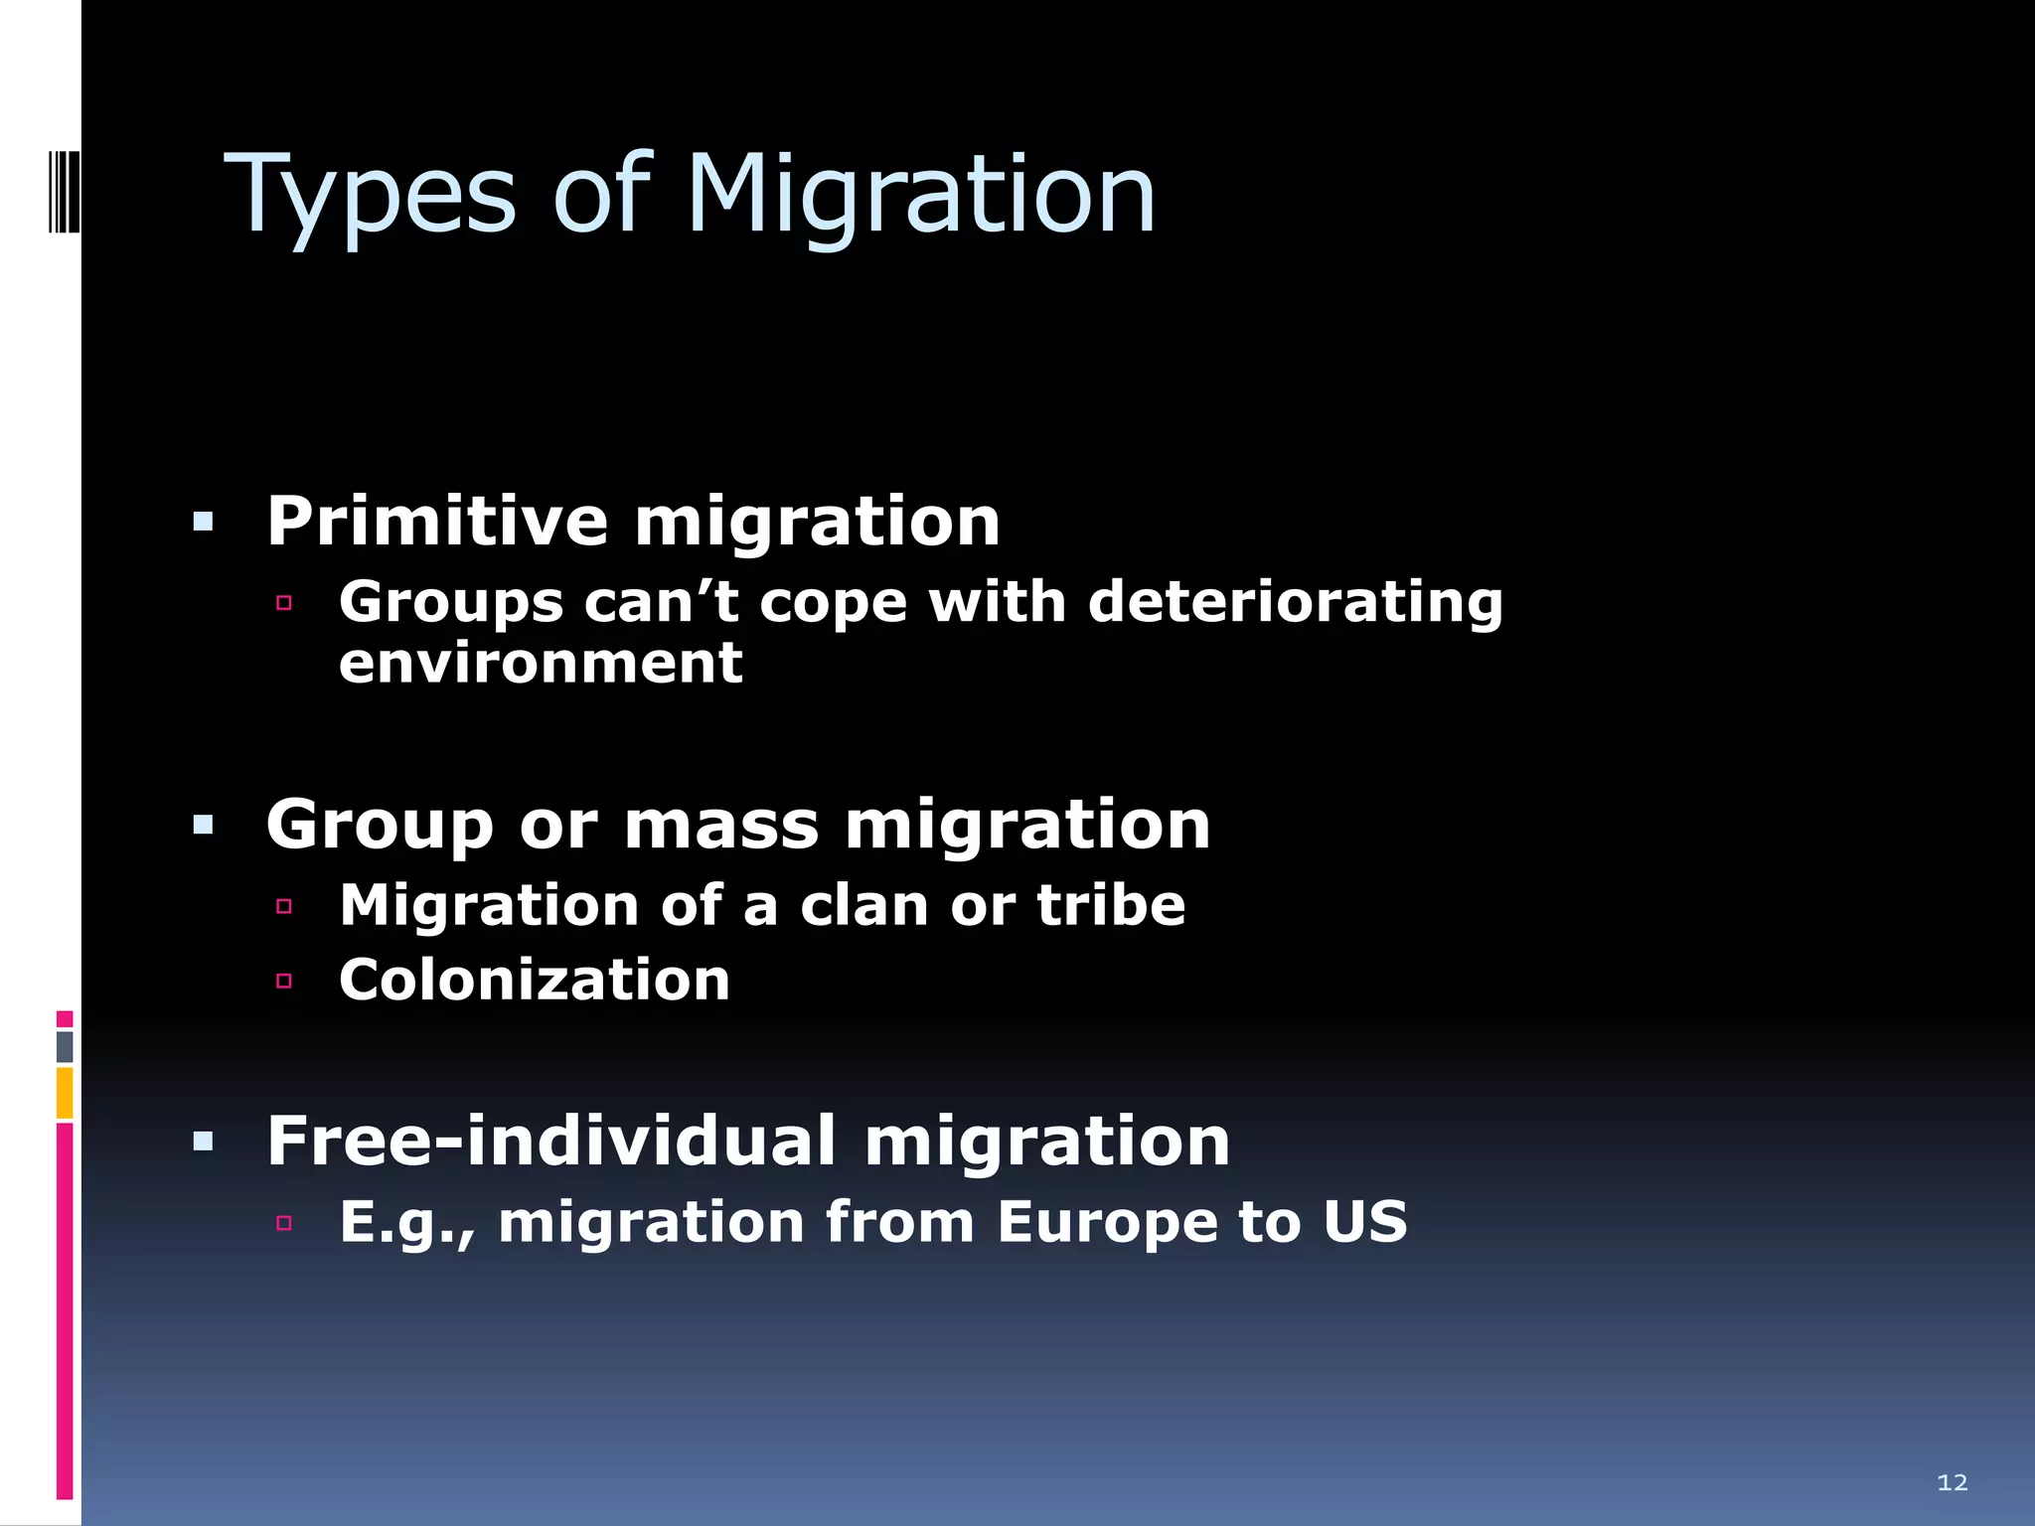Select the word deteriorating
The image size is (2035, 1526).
1296,602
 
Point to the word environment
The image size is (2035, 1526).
541,663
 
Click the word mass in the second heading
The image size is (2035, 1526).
721,825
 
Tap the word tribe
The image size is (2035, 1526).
1111,905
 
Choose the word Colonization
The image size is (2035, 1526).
535,980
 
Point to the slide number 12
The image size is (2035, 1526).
1952,1482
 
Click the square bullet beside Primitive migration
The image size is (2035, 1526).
204,522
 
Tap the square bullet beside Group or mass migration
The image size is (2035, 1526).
204,825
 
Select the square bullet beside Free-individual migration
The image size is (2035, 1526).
204,1142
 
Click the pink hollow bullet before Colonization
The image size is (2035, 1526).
284,982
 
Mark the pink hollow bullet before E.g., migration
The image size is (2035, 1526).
284,1223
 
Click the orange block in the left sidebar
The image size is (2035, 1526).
65,1093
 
